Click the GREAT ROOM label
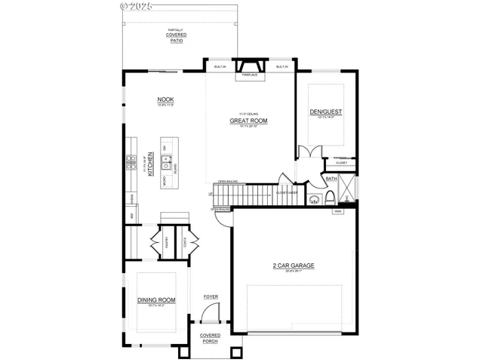[x=249, y=121]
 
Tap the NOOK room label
[x=165, y=100]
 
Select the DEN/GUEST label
[x=325, y=112]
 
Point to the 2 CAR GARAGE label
[x=294, y=265]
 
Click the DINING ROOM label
[x=156, y=299]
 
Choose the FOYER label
[x=211, y=296]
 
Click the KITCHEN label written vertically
[x=151, y=163]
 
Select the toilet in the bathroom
[x=331, y=198]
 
